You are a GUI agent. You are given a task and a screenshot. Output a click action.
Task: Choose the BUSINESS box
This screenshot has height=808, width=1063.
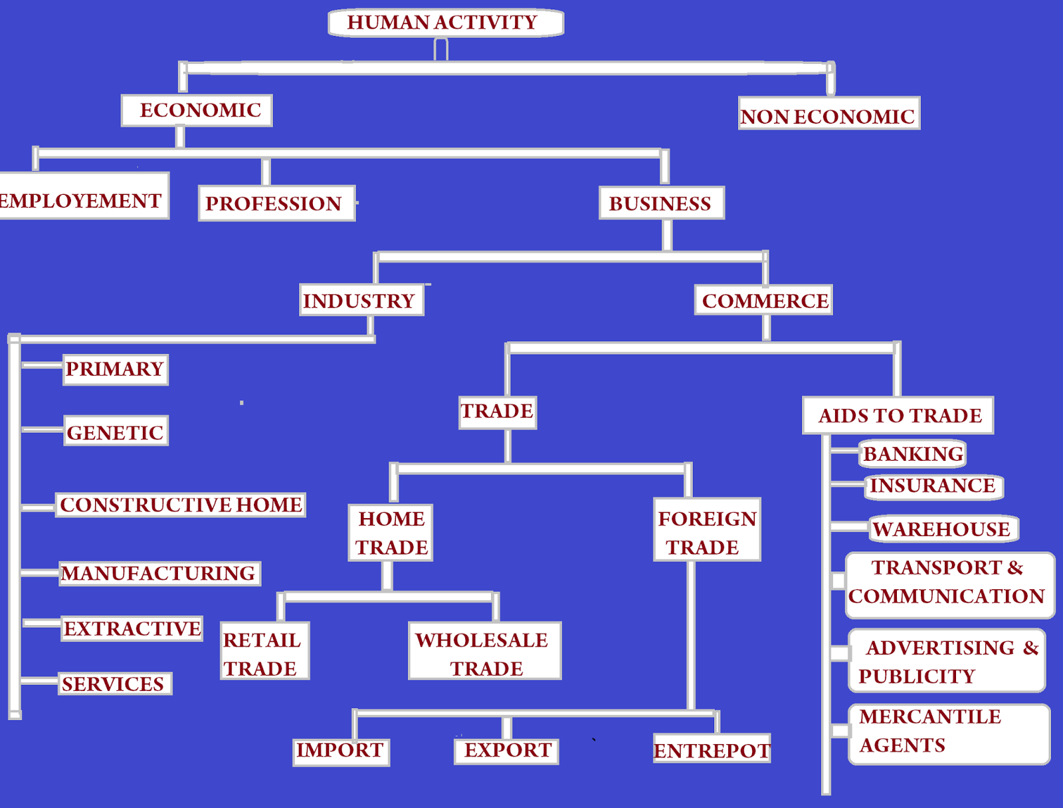(x=661, y=203)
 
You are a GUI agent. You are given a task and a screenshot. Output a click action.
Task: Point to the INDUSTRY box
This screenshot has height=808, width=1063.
(x=361, y=301)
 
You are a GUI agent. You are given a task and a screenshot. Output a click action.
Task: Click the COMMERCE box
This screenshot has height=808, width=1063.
(x=764, y=301)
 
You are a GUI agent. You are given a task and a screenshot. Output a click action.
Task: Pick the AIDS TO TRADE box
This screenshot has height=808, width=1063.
(x=898, y=416)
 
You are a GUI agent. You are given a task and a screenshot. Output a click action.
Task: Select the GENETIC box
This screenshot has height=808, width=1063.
(x=116, y=432)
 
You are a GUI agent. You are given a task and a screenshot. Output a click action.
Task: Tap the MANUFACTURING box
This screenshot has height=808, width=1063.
(x=159, y=573)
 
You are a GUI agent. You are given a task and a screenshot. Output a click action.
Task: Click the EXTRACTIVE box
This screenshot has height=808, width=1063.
(x=132, y=628)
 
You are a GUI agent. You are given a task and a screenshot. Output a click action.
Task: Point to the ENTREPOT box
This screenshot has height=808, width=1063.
(x=712, y=749)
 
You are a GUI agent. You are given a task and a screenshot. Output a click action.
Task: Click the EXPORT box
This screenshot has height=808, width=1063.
(x=507, y=750)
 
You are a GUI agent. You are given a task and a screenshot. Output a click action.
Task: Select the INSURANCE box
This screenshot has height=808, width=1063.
(x=933, y=486)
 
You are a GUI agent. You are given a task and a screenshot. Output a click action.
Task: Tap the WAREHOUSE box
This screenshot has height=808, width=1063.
(x=942, y=529)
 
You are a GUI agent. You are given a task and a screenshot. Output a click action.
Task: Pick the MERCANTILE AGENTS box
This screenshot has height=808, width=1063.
(x=949, y=732)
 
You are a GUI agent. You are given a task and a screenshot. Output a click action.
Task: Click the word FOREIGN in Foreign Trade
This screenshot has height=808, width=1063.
(x=707, y=518)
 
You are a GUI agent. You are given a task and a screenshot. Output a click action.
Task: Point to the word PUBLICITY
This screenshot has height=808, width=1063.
(x=916, y=676)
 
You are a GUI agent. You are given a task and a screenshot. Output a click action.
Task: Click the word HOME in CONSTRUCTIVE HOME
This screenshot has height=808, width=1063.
(x=269, y=505)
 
